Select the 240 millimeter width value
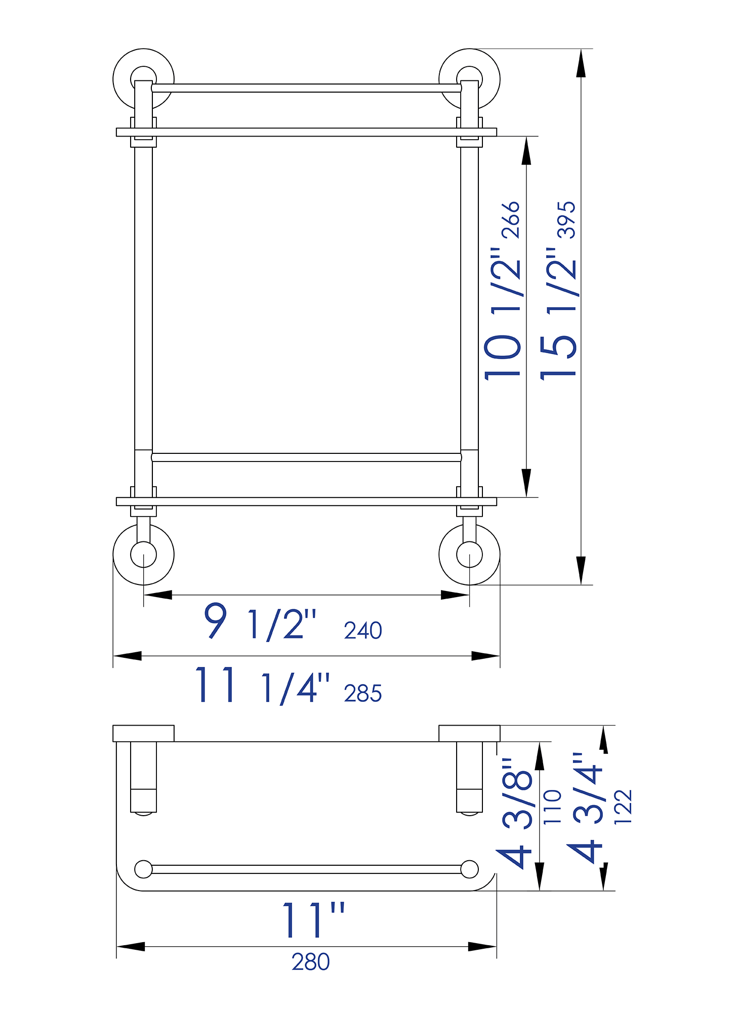(x=362, y=631)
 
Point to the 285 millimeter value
(x=362, y=694)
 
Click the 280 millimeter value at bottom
(x=310, y=962)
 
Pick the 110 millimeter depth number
(x=553, y=807)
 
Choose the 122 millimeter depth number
(x=623, y=807)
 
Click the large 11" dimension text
(x=313, y=920)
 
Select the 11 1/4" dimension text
(x=262, y=686)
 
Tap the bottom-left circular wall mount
(x=143, y=555)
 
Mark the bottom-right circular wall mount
(x=469, y=555)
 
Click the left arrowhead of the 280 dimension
(x=130, y=946)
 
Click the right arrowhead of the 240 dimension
(x=455, y=595)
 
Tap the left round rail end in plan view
(x=143, y=869)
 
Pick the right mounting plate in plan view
(x=469, y=733)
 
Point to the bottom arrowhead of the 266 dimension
(x=526, y=483)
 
